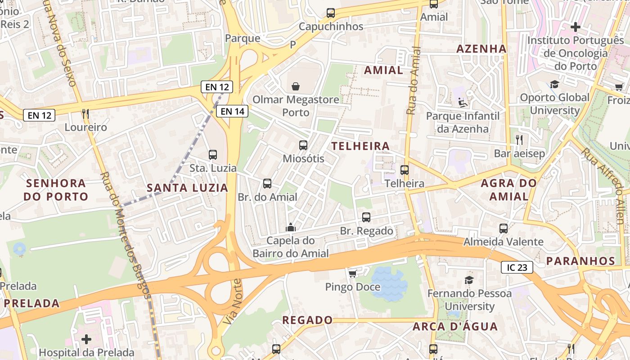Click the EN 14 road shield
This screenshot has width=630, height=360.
tap(233, 111)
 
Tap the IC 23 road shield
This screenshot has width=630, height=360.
tap(517, 268)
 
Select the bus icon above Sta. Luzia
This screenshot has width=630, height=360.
tap(213, 155)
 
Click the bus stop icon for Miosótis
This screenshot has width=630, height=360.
tap(303, 145)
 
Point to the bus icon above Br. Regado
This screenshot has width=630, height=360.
tap(366, 217)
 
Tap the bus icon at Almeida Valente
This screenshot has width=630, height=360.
tap(503, 228)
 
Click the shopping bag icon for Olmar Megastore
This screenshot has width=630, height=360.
tap(296, 86)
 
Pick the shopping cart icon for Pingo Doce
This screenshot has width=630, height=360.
tap(353, 273)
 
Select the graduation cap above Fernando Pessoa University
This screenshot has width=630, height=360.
tap(469, 280)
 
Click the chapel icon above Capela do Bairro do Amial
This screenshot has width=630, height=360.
tap(291, 227)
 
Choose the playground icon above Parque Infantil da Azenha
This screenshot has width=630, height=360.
tap(463, 103)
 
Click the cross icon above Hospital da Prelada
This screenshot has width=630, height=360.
tap(86, 339)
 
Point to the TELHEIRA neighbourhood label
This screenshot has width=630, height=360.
tap(360, 146)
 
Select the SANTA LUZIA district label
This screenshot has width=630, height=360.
tap(188, 188)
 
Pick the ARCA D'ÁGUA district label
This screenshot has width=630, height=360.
tap(455, 326)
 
